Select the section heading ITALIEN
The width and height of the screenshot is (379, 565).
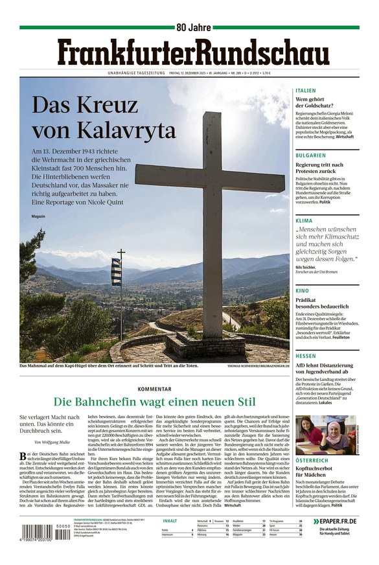(x=306, y=91)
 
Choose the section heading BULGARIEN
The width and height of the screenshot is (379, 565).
(x=311, y=156)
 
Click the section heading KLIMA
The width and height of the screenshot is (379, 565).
(x=304, y=221)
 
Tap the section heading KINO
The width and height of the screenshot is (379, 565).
(x=302, y=291)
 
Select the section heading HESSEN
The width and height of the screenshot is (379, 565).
(x=306, y=356)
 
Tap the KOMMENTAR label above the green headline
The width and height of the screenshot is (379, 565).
(x=155, y=389)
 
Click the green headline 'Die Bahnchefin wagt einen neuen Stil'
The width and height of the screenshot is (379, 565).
(x=155, y=402)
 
